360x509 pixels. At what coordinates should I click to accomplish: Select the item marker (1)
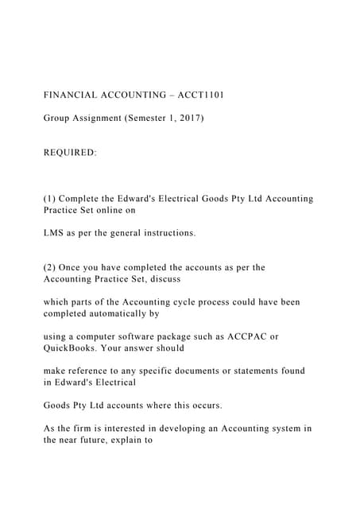(x=51, y=199)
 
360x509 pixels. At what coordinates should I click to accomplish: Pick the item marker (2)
(x=51, y=268)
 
